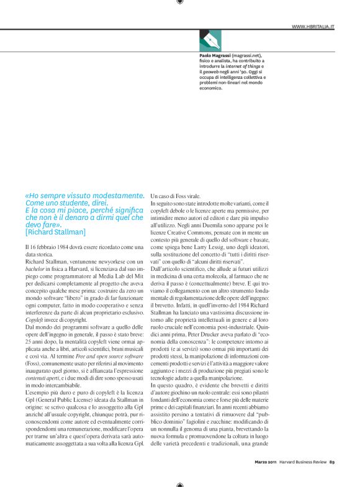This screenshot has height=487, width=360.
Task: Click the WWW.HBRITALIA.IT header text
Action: point(313,27)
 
